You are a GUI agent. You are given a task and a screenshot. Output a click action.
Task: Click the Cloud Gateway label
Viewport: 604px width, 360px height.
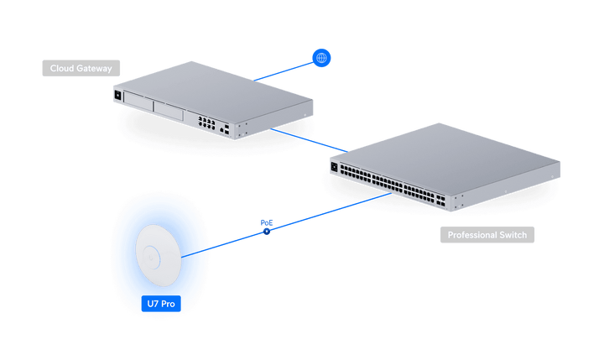(81, 68)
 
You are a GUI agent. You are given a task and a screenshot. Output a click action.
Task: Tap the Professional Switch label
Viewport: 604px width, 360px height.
(487, 235)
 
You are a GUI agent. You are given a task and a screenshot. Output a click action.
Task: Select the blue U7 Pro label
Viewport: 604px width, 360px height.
(161, 304)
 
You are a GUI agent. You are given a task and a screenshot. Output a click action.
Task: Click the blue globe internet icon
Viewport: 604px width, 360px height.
(321, 58)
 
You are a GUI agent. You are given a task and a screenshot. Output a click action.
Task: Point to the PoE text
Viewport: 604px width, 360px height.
(267, 222)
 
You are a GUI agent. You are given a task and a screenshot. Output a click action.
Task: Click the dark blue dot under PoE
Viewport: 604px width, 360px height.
(267, 232)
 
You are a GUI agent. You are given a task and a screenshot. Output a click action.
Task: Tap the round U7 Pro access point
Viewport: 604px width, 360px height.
(159, 256)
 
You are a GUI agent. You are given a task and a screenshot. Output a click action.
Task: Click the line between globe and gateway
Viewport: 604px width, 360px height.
(284, 71)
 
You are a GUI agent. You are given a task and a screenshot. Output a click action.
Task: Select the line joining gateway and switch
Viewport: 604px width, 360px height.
(310, 140)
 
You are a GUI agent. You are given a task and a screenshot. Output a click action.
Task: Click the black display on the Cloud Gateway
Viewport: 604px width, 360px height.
(118, 95)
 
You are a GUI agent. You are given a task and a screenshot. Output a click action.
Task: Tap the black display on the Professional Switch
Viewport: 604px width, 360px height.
(334, 167)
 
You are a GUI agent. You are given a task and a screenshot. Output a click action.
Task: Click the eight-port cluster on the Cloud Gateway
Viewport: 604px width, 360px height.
(207, 123)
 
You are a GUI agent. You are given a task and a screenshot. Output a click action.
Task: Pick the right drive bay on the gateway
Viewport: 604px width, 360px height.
(169, 112)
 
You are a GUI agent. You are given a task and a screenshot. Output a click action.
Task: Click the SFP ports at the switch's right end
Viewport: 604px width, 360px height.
(440, 200)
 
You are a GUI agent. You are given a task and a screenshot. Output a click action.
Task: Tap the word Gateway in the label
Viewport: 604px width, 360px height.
(94, 69)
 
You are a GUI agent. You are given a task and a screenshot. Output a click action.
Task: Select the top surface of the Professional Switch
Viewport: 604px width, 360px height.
(445, 158)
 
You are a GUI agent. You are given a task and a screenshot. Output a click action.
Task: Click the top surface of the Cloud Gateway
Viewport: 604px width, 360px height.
(213, 92)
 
